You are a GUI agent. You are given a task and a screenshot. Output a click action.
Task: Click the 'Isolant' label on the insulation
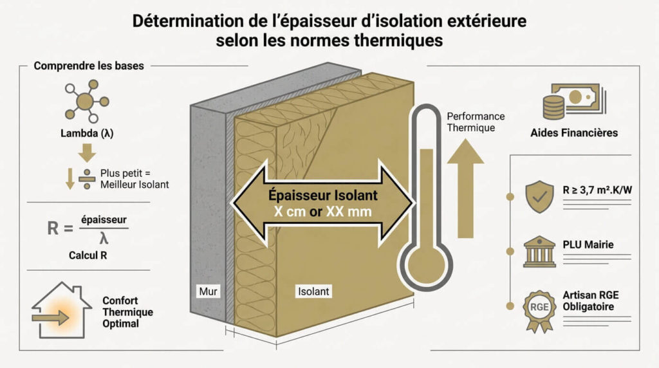(313, 291)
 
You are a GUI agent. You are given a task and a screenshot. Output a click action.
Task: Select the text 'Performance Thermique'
(476, 122)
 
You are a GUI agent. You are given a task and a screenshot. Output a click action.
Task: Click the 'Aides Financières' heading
(574, 133)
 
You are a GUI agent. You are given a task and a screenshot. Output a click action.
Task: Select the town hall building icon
(539, 251)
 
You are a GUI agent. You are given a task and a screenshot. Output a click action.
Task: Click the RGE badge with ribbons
(539, 308)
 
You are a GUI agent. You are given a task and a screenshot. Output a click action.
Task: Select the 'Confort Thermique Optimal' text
(127, 312)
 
